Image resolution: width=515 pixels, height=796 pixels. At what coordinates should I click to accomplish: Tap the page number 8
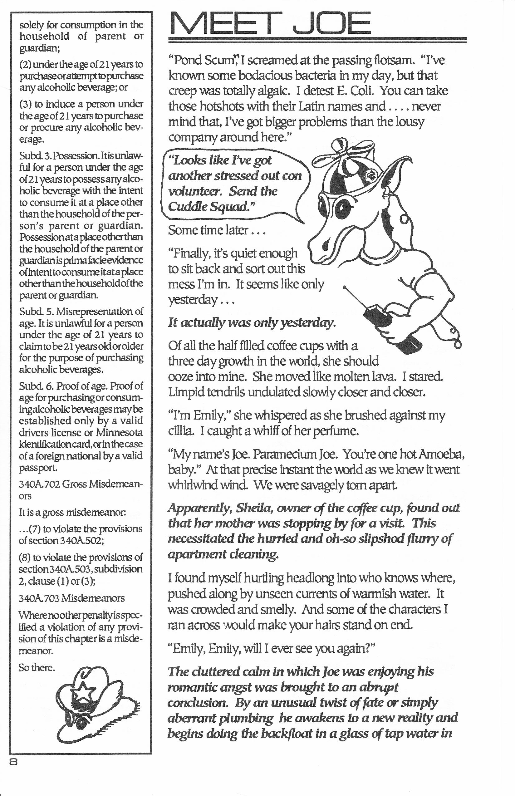point(13,762)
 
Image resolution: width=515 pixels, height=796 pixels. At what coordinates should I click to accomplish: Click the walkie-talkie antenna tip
point(345,287)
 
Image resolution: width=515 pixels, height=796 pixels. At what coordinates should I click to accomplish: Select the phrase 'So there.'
point(37,668)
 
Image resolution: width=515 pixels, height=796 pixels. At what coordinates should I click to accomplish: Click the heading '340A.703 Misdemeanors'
point(71,598)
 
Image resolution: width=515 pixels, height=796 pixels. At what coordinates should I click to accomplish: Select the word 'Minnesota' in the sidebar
point(119,432)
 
